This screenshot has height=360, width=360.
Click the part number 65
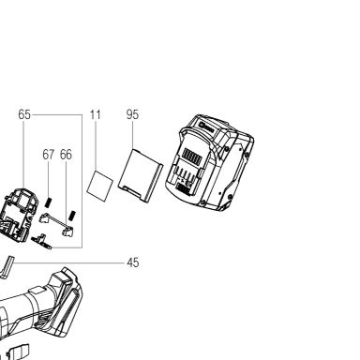[x=24, y=114]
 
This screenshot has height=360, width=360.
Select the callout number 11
[x=96, y=114]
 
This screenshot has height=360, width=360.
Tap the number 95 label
[x=132, y=114]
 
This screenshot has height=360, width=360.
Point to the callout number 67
[x=48, y=155]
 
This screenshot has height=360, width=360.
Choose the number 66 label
[x=66, y=155]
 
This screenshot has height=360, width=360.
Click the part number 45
[x=133, y=262]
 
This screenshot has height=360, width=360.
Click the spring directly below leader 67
[x=48, y=202]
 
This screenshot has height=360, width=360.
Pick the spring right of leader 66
[x=72, y=216]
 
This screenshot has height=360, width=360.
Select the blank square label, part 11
[x=99, y=187]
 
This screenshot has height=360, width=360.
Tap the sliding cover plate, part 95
[x=141, y=175]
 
